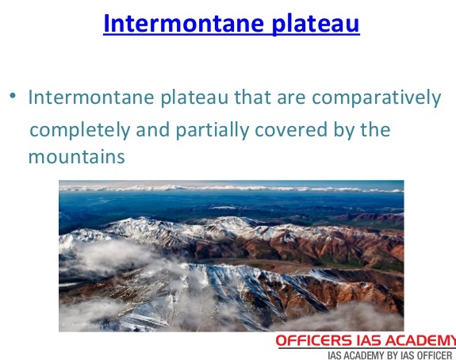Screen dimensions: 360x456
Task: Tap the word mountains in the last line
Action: point(76,157)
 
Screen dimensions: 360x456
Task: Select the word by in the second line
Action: point(336,128)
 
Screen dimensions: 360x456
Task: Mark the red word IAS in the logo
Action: point(381,340)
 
